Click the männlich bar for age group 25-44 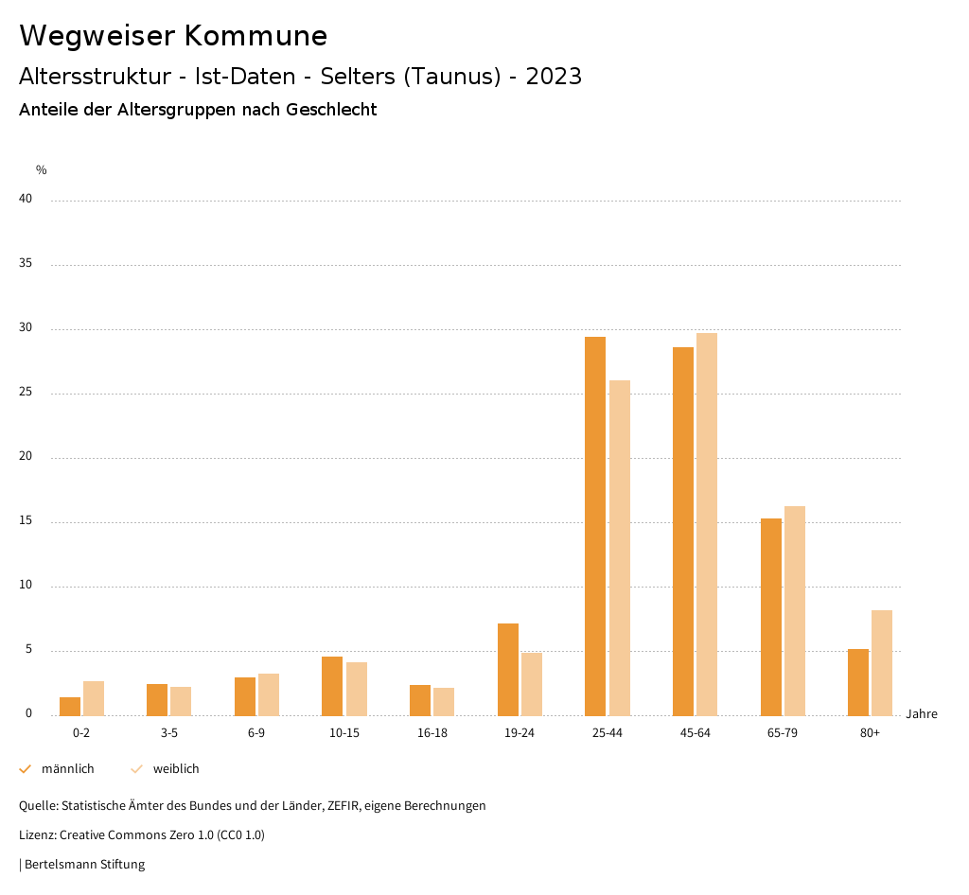click(595, 526)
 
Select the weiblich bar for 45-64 click(707, 524)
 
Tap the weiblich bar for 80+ click(882, 662)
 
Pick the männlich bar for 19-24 click(508, 669)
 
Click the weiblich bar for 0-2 click(94, 698)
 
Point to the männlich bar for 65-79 click(771, 617)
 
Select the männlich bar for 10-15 click(332, 686)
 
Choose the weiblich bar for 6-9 click(269, 694)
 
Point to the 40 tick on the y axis click(26, 200)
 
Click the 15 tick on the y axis click(26, 521)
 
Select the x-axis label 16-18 click(432, 734)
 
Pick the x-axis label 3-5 click(169, 734)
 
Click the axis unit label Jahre click(922, 714)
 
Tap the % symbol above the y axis click(42, 170)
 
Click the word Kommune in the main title click(255, 36)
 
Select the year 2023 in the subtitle click(554, 77)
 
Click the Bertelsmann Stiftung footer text click(84, 865)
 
